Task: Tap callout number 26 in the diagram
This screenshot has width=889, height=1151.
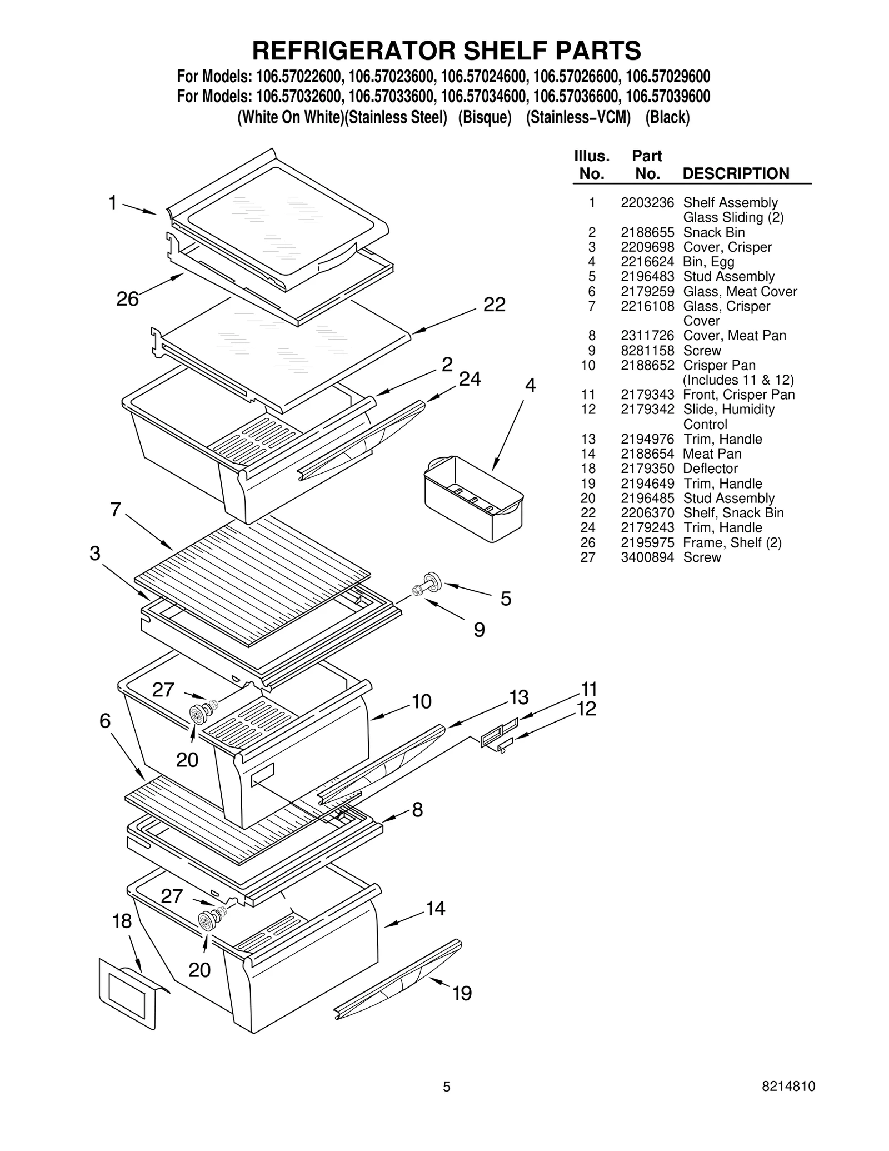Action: point(127,299)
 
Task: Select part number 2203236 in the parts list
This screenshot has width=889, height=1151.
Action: point(647,203)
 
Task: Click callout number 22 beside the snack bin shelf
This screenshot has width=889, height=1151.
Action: point(494,305)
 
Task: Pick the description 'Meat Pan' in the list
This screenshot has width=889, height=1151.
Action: point(712,454)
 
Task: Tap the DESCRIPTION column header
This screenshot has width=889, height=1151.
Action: point(735,173)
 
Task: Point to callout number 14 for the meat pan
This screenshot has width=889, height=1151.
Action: point(435,908)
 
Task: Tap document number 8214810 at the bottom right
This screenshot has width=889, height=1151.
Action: point(788,1102)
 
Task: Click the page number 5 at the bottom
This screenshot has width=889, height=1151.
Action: point(446,1103)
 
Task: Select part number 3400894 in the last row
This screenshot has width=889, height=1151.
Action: point(647,557)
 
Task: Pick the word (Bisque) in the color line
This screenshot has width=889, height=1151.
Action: point(484,118)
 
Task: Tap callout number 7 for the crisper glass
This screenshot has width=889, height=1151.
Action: point(115,510)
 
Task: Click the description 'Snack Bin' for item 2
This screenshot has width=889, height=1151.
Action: point(713,232)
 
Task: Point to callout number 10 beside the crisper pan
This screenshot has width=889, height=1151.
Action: point(422,702)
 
